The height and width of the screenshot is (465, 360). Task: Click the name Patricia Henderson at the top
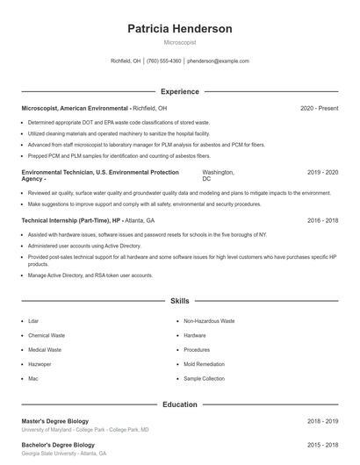[180, 29]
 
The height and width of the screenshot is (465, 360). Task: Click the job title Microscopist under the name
[180, 42]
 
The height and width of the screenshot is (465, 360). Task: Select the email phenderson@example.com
[219, 61]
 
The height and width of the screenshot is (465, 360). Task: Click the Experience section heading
[180, 91]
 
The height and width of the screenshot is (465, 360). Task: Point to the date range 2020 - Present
[319, 108]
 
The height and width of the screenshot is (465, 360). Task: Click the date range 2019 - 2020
[322, 173]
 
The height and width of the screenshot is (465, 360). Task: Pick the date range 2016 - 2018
[322, 221]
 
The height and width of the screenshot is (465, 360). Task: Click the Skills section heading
[180, 301]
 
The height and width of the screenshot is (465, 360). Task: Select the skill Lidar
[33, 322]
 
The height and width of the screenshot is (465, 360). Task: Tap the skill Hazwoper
[40, 364]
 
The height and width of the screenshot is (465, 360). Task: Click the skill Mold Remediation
[204, 364]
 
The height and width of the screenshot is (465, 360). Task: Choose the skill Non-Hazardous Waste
[209, 322]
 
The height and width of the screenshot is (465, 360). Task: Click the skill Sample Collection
[205, 378]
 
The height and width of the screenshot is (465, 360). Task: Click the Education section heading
[180, 404]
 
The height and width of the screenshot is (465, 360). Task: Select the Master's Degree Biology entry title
[57, 422]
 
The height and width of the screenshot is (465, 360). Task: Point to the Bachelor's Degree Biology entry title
[59, 446]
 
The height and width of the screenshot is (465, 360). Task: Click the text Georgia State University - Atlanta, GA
[63, 454]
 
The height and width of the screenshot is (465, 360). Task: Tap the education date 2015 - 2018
[322, 446]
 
